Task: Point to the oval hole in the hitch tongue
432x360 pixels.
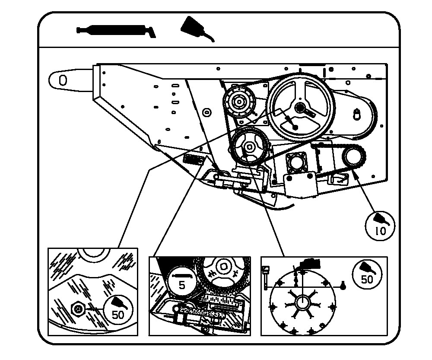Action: click(63, 80)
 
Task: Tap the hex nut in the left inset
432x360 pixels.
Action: click(78, 309)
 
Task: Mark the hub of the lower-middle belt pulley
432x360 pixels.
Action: click(247, 148)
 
